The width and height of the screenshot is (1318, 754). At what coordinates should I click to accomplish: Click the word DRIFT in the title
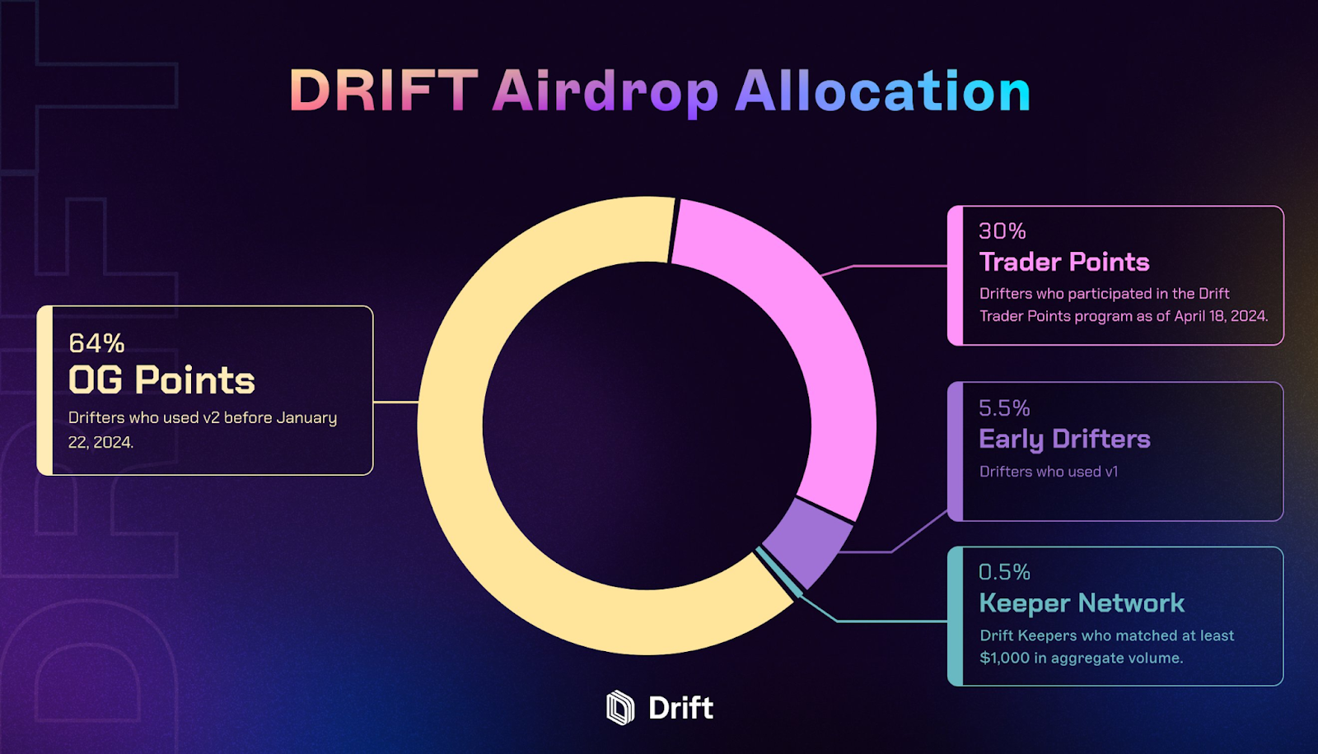384,91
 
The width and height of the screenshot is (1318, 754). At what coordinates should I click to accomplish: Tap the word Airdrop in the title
605,92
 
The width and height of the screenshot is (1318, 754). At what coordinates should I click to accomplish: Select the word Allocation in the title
882,91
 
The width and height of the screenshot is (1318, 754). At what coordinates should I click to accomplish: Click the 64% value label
96,343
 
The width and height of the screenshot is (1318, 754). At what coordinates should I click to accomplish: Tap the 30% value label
1003,231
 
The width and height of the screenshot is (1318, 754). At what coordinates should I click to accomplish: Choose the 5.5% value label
1004,408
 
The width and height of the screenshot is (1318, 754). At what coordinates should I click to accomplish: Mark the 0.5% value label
1004,572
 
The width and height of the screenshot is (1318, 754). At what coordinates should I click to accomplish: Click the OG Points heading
161,380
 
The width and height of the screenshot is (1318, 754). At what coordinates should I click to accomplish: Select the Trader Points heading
1064,262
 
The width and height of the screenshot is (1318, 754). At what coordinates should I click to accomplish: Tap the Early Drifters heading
1064,440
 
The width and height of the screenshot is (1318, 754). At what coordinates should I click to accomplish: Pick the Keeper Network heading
1082,603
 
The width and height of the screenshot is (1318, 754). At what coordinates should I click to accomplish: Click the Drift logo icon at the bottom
620,708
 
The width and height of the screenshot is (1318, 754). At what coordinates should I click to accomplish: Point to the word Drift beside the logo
680,708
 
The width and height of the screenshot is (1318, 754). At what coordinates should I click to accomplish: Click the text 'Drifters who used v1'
1049,472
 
